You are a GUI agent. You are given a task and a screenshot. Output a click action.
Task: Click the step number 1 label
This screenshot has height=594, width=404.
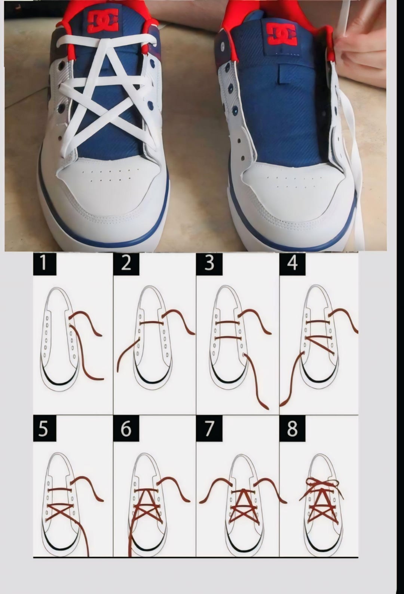coord(45,264)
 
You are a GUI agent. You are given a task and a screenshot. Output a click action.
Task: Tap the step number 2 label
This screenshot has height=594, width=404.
coord(126,264)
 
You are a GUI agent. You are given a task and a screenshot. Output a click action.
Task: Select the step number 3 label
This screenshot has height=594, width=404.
coord(209,264)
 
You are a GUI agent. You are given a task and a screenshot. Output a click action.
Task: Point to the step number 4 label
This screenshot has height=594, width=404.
coord(292,264)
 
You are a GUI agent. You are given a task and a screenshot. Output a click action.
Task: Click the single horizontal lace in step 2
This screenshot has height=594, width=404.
coord(151,323)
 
